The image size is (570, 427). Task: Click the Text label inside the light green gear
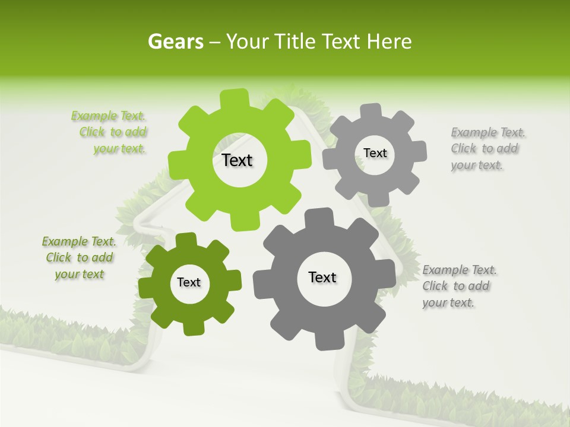(237, 160)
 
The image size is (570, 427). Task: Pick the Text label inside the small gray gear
(375, 153)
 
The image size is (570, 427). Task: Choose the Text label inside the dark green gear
(189, 282)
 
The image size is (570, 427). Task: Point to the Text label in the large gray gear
(322, 277)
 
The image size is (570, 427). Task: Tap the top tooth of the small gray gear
(372, 111)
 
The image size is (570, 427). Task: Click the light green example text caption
(113, 132)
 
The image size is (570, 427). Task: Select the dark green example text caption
(79, 258)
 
